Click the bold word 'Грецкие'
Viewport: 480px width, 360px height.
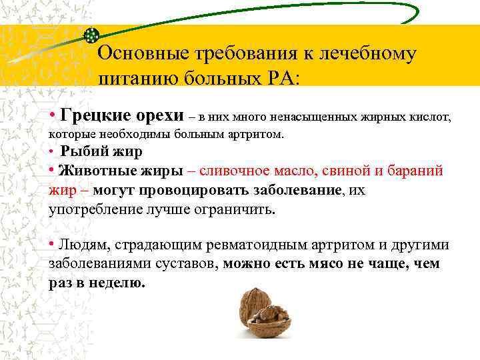tap(89, 117)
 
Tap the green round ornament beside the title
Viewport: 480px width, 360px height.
tap(92, 35)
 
